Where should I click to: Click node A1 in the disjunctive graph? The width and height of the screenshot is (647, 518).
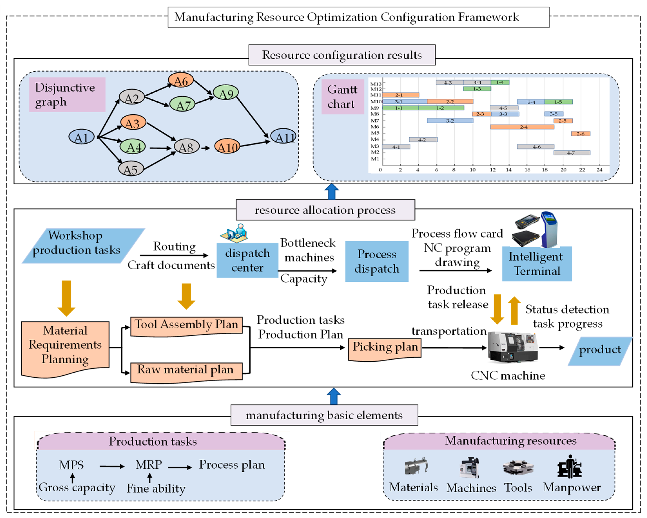[x=81, y=137]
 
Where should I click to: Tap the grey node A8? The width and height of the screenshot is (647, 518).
[x=186, y=147]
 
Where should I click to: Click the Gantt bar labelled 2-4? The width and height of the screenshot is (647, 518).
[x=522, y=127]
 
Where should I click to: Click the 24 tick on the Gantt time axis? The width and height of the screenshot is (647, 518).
[x=599, y=170]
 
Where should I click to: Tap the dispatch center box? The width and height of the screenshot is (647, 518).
[x=247, y=260]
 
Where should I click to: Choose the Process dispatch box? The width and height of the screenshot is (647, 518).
[x=377, y=261]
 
